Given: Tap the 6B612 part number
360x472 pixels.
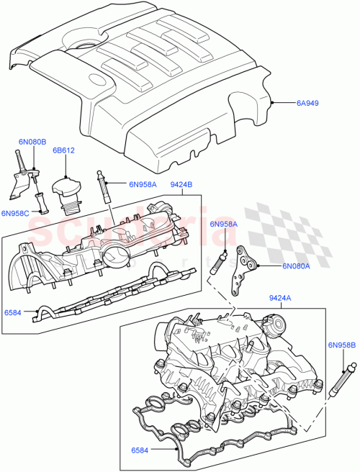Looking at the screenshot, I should click(x=64, y=151).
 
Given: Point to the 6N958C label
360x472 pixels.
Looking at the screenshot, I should click(x=15, y=213).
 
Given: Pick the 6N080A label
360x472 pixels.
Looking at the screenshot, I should click(x=296, y=265).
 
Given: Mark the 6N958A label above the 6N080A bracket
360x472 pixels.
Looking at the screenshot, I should click(x=224, y=224).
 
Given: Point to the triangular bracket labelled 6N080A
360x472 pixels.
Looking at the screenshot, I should click(x=245, y=269).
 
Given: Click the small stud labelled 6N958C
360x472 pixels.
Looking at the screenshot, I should click(x=42, y=204).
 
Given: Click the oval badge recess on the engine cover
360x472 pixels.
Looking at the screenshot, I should click(x=96, y=81).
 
